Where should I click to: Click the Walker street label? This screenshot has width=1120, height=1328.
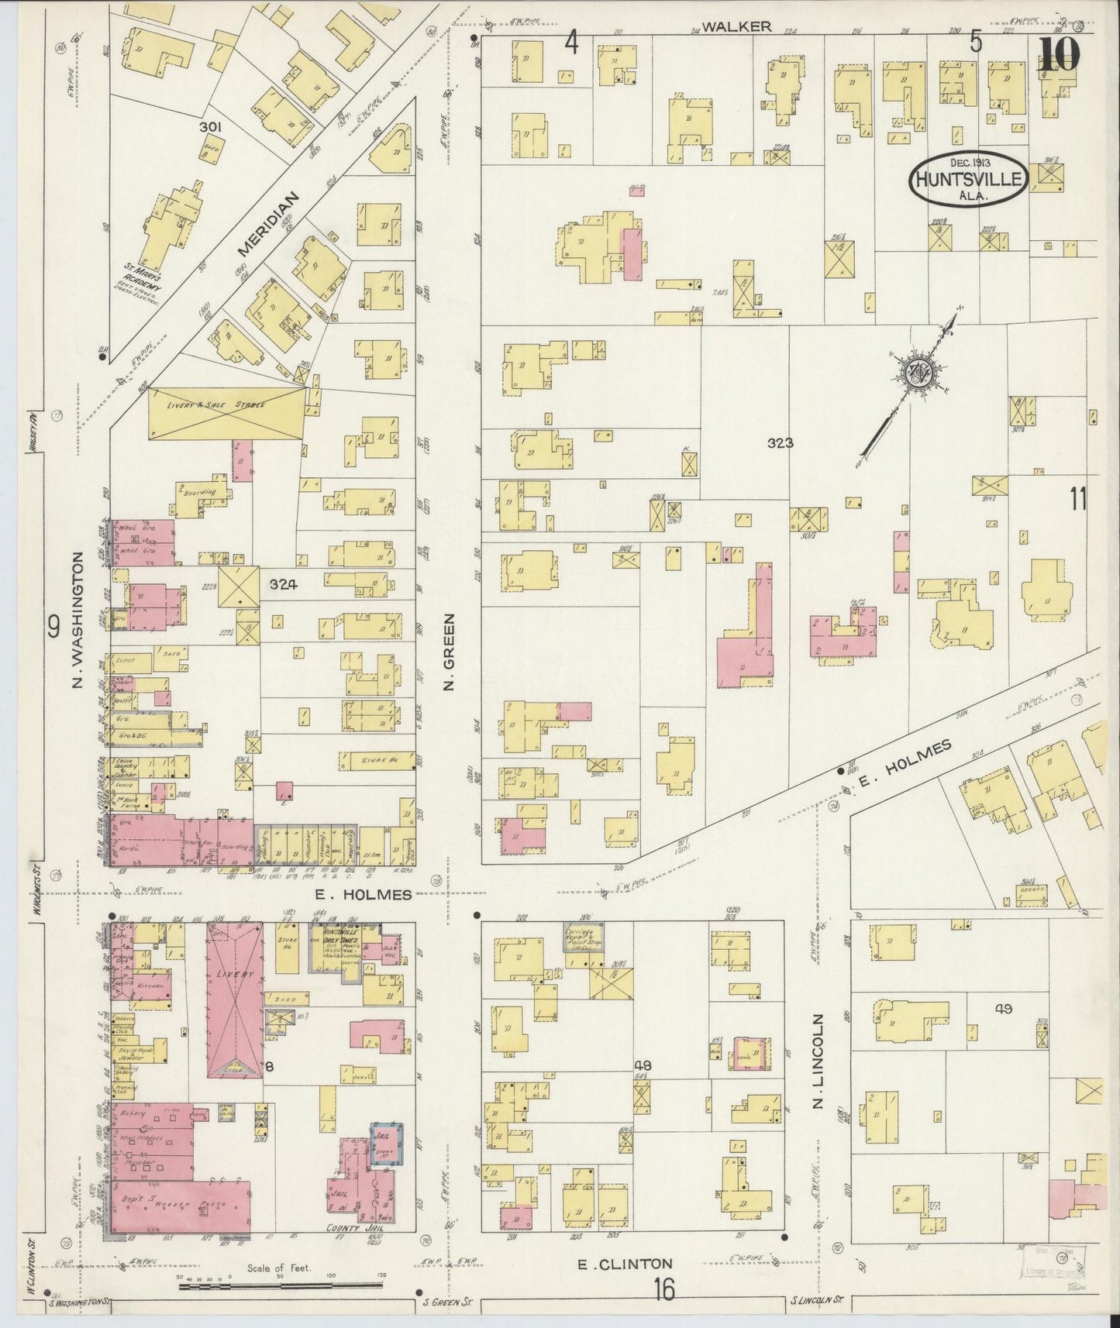[x=739, y=26]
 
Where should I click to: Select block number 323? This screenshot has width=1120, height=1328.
[x=780, y=443]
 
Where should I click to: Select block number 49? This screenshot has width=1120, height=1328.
[x=1004, y=1008]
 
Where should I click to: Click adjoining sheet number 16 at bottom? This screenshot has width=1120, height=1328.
[x=663, y=1290]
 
